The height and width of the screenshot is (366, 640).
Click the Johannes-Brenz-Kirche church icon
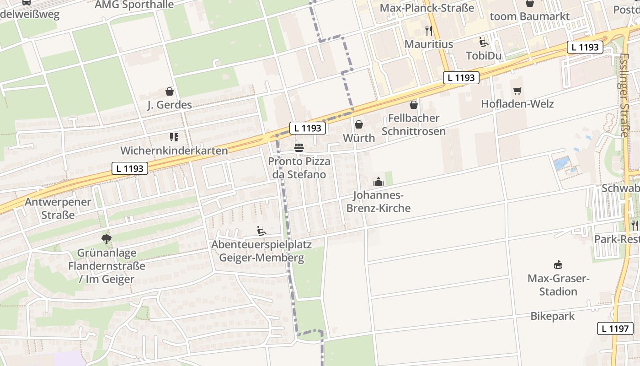pyautogui.click(x=379, y=182)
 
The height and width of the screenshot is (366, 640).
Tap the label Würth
pyautogui.click(x=359, y=138)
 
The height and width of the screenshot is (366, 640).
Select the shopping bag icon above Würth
pyautogui.click(x=359, y=124)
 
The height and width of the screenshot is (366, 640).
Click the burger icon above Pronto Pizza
pyautogui.click(x=299, y=148)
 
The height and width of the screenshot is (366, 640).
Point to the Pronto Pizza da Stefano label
pyautogui.click(x=299, y=168)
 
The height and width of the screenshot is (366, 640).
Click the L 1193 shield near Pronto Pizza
pyautogui.click(x=308, y=129)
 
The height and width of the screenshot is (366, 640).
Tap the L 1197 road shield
pyautogui.click(x=615, y=328)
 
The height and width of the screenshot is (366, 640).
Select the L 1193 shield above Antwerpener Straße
pyautogui.click(x=130, y=168)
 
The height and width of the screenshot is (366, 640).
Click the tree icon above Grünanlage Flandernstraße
pyautogui.click(x=107, y=239)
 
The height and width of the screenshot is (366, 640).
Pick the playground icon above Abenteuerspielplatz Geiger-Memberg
pyautogui.click(x=261, y=231)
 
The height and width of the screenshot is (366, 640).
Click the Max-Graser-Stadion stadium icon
pyautogui.click(x=558, y=264)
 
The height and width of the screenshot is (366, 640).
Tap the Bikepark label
pyautogui.click(x=553, y=316)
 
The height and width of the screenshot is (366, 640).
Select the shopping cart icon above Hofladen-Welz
pyautogui.click(x=517, y=91)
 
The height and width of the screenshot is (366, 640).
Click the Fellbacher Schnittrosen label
pyautogui.click(x=413, y=124)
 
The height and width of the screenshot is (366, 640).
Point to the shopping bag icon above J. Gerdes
pyautogui.click(x=170, y=91)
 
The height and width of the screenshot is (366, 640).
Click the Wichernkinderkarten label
pyautogui.click(x=174, y=151)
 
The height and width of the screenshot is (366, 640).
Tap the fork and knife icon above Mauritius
pyautogui.click(x=428, y=31)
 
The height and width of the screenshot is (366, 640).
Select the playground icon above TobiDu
pyautogui.click(x=484, y=43)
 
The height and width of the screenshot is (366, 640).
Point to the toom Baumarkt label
pyautogui.click(x=529, y=16)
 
